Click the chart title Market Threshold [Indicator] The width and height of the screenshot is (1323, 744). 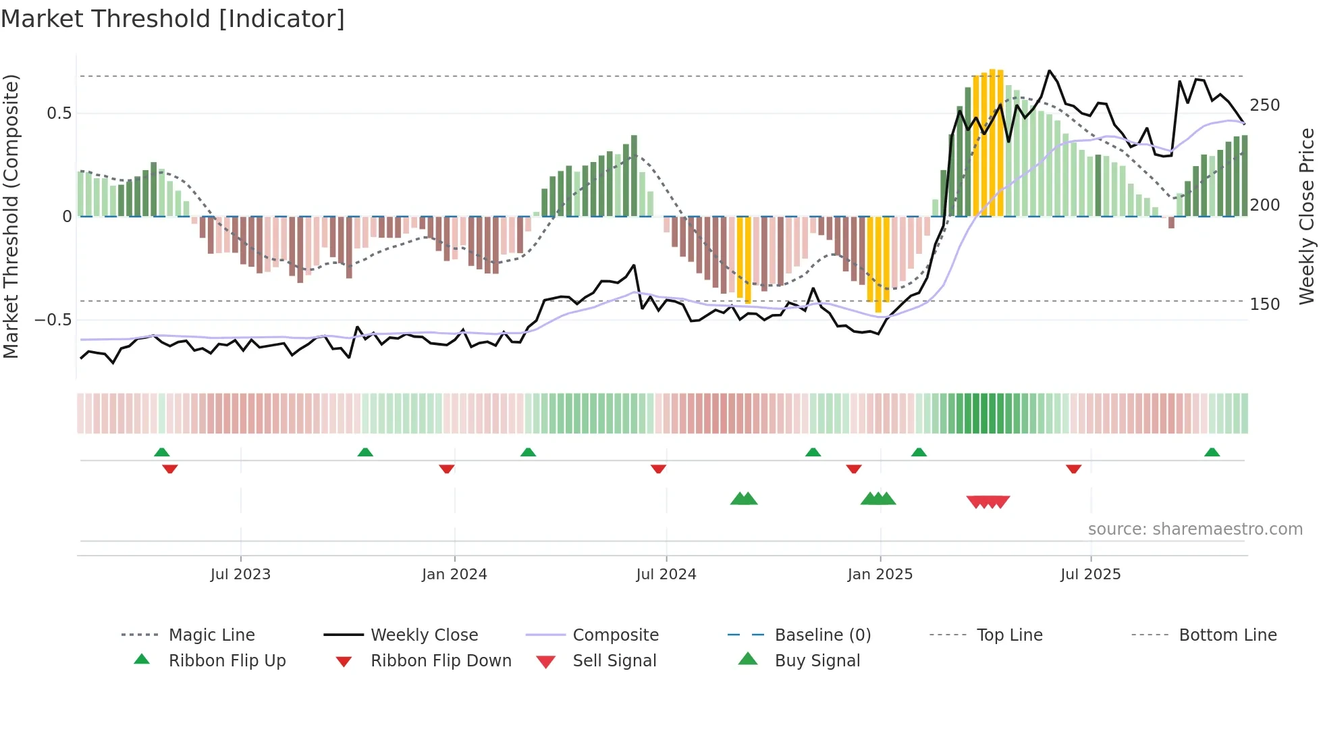coord(173,19)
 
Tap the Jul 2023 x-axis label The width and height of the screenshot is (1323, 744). coord(240,575)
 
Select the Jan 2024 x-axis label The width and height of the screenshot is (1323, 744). coord(454,575)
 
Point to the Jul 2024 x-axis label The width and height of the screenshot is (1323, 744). coord(666,575)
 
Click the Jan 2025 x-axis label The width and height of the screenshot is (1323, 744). coord(880,575)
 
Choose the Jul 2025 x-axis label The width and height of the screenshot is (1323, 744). coord(1090,575)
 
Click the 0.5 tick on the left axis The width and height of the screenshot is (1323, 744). coord(59,113)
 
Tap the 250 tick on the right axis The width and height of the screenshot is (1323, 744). coord(1264,105)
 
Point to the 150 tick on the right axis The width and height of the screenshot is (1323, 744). coord(1264,304)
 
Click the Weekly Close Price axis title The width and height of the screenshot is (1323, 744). coord(1307,216)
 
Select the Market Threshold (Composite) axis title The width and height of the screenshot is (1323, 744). coord(11,216)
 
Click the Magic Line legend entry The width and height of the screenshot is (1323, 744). coord(211,635)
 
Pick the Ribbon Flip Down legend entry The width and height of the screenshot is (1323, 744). coord(440,661)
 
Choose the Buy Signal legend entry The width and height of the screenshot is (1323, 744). coord(817,661)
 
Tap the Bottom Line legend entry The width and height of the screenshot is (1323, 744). coord(1227,635)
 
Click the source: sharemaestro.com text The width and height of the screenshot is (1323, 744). coord(1195,529)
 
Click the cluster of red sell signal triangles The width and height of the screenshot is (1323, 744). coord(988,502)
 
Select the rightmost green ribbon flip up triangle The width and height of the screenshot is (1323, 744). coord(1212,452)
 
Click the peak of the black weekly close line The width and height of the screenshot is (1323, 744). coord(1049,71)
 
